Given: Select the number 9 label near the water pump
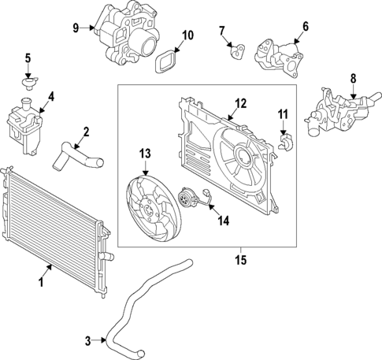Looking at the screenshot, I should click(x=76, y=28).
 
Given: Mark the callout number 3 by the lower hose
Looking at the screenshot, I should click(x=87, y=340).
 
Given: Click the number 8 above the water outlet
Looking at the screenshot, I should click(x=353, y=78).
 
